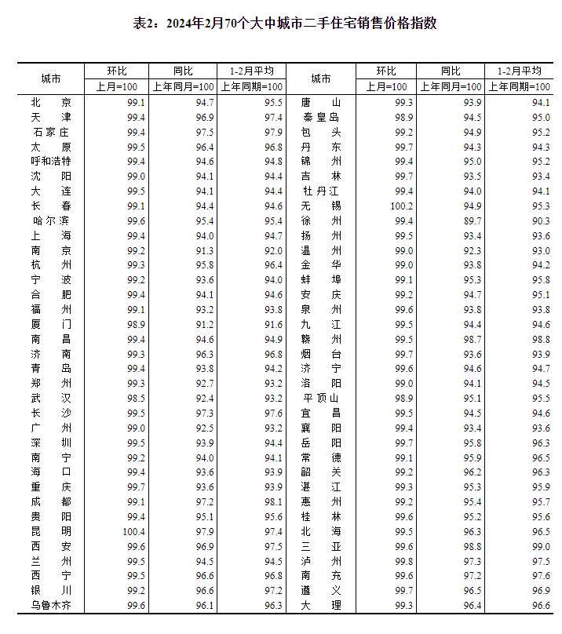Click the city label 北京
tap(51, 102)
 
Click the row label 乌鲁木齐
tap(51, 606)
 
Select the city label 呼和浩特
tap(51, 162)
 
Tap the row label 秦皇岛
tap(321, 117)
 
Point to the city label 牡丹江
tap(321, 191)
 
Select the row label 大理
tap(321, 606)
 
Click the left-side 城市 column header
tap(51, 79)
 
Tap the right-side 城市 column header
tap(321, 79)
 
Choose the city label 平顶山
tap(321, 399)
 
